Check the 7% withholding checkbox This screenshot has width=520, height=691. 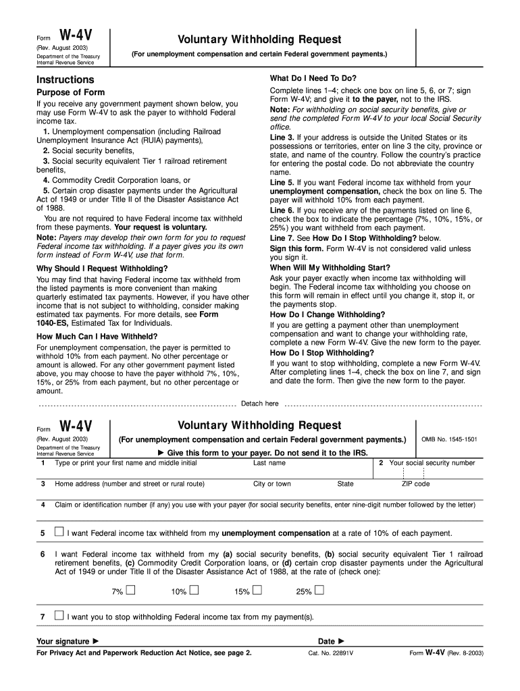coord(130,591)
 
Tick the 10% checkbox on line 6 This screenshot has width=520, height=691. coord(194,591)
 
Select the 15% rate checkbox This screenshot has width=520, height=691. coord(257,591)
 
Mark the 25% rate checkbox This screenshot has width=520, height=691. coord(319,591)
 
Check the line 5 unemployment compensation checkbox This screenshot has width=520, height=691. coord(59,532)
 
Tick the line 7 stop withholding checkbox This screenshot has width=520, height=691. coord(59,615)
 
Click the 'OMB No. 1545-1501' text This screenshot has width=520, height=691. coord(449,439)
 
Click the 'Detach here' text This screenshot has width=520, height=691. coord(260,404)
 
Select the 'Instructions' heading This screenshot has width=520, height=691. coord(66,80)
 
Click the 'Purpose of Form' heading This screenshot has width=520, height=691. coord(70,92)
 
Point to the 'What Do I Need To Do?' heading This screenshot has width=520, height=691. coord(313,78)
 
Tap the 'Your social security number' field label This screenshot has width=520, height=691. coord(432,463)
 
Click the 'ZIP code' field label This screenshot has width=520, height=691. coord(415,484)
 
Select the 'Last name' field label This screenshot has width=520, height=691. coord(269,463)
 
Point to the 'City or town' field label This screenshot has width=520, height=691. coord(272,484)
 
